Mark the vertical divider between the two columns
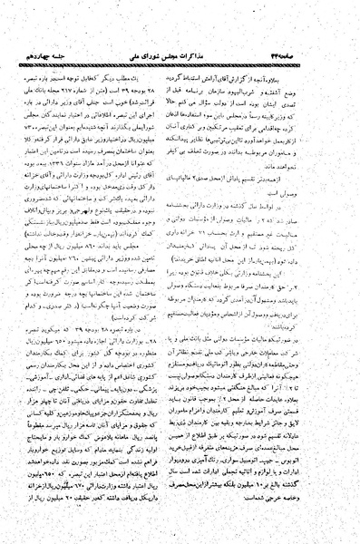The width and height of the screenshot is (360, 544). click(x=180, y=272)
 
